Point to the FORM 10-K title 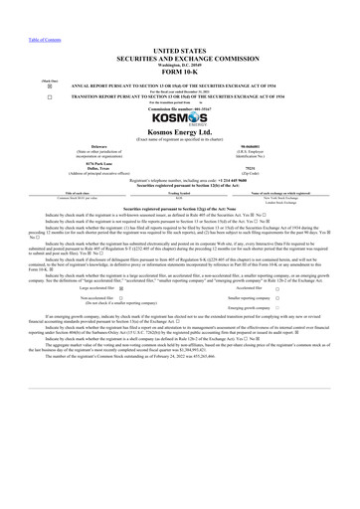pos(179,69)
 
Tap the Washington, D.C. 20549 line pos(179,61)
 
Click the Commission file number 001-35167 pos(179,112)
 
